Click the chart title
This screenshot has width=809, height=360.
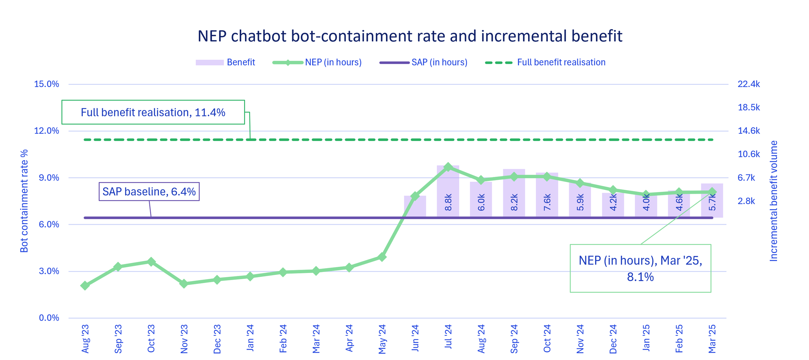click(410, 36)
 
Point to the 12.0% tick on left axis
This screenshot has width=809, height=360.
click(47, 131)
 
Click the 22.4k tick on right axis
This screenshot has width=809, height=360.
click(748, 84)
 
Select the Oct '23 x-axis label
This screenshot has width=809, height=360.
click(151, 339)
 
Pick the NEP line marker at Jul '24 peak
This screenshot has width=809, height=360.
click(448, 167)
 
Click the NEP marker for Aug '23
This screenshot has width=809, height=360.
click(85, 286)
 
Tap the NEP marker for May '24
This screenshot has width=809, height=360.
click(382, 257)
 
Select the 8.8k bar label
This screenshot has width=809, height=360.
click(448, 202)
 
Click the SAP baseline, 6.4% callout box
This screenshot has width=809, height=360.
click(149, 192)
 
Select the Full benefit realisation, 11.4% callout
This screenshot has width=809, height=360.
click(153, 112)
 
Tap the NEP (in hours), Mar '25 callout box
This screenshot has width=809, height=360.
click(640, 268)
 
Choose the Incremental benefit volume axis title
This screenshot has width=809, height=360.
click(773, 201)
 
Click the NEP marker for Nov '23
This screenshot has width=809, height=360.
click(184, 284)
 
